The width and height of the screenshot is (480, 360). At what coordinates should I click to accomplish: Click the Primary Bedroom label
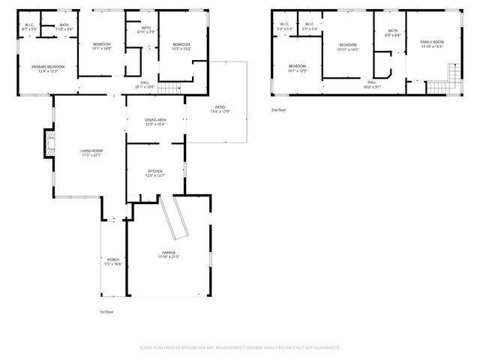pyautogui.click(x=48, y=66)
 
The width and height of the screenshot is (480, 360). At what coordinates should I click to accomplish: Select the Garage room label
pyautogui.click(x=169, y=253)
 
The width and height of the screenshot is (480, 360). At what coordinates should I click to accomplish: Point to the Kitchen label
pyautogui.click(x=155, y=172)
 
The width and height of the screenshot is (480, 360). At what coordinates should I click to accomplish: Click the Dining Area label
pyautogui.click(x=155, y=120)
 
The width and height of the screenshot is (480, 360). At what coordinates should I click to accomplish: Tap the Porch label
pyautogui.click(x=112, y=259)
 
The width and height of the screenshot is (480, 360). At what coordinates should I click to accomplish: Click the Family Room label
pyautogui.click(x=431, y=42)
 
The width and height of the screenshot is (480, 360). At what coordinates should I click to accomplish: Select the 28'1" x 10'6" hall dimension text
pyautogui.click(x=145, y=87)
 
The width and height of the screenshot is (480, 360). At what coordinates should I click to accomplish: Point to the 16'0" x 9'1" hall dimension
pyautogui.click(x=372, y=86)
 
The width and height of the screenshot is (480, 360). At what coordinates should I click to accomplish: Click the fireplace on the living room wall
pyautogui.click(x=49, y=145)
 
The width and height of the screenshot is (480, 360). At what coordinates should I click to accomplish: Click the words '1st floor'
pyautogui.click(x=107, y=311)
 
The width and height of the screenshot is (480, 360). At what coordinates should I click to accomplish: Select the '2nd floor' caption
pyautogui.click(x=279, y=109)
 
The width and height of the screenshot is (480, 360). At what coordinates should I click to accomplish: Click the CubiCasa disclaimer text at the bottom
pyautogui.click(x=240, y=348)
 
